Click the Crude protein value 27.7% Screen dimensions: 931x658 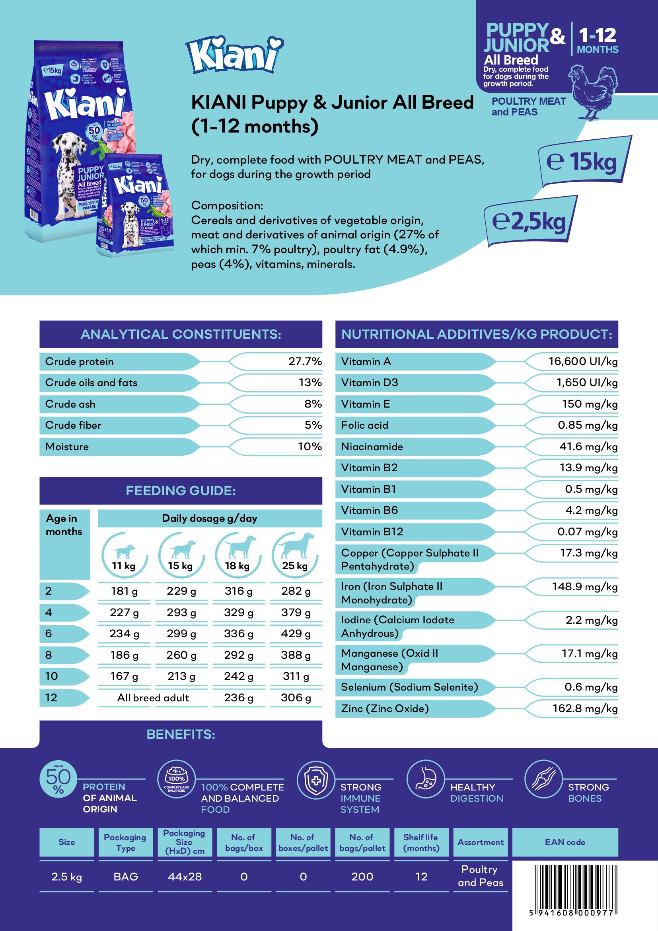point(305,361)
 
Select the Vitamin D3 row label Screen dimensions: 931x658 point(370,383)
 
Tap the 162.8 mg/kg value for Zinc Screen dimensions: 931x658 point(585,708)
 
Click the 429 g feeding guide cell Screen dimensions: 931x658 point(295,633)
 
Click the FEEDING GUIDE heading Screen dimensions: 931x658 point(181,491)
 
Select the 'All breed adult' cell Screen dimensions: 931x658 point(153,697)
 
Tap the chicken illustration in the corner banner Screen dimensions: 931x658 point(593,91)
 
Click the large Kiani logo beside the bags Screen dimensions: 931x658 point(235,55)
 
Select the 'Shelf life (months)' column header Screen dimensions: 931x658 point(421,842)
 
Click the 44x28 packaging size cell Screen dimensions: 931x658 point(185,876)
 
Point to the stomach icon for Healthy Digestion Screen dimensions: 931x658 point(425,779)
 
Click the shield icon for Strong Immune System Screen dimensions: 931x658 point(316,780)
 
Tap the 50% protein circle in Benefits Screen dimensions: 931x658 point(58,779)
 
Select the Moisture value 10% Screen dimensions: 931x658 point(310,447)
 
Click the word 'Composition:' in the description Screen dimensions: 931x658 point(227,205)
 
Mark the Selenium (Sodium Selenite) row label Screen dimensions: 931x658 point(409,687)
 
